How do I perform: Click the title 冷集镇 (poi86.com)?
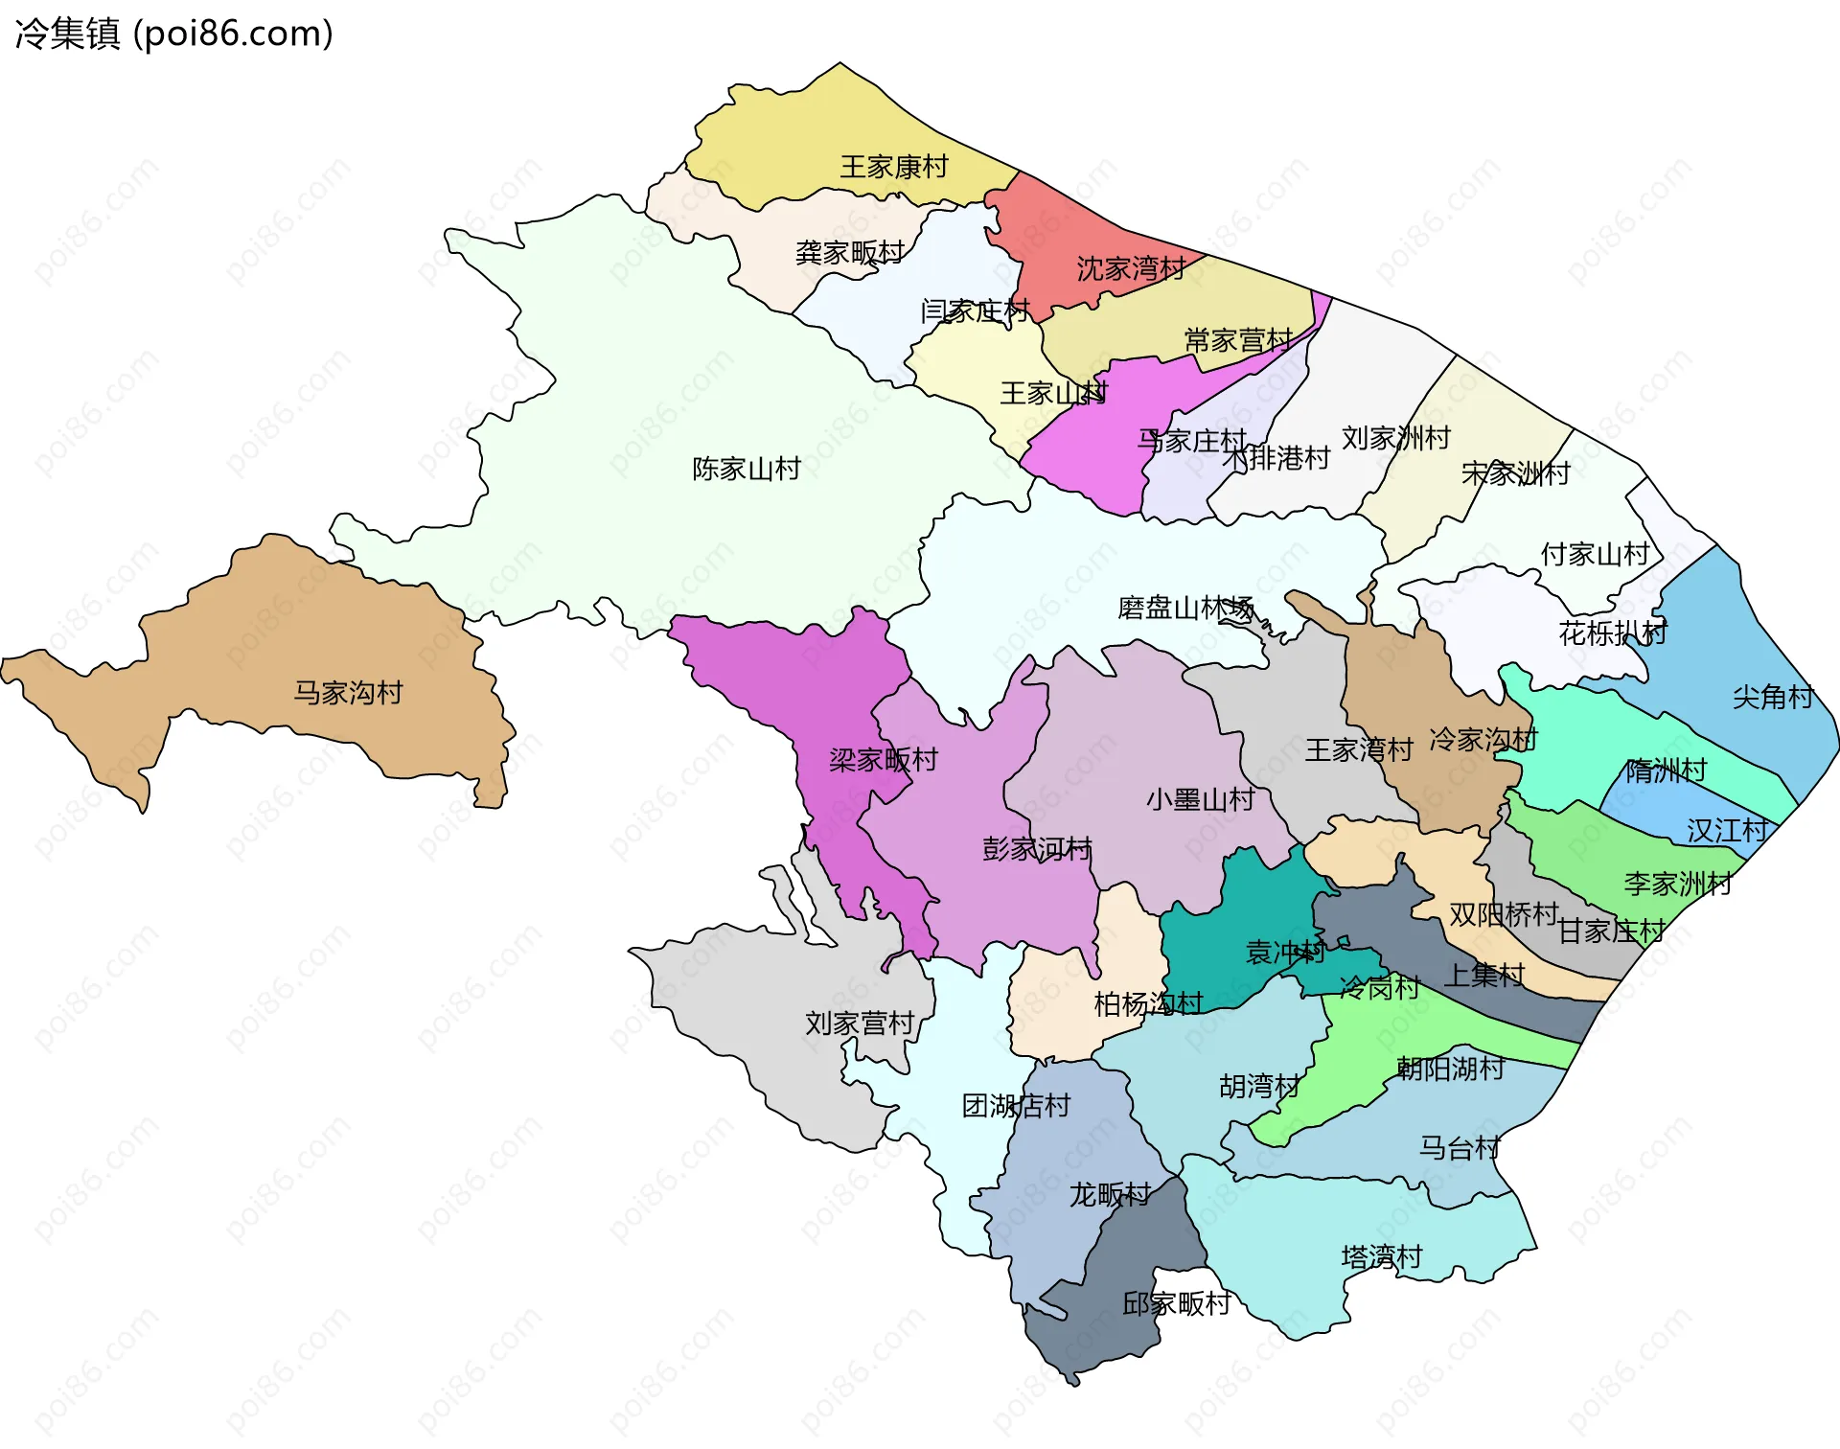click(173, 34)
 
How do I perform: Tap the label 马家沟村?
click(348, 692)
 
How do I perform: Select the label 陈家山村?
click(747, 469)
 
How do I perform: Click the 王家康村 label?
click(893, 167)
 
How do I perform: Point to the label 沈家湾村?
click(1131, 268)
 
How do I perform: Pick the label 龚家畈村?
click(849, 252)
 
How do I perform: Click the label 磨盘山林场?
click(1185, 608)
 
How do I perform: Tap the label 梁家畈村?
click(883, 760)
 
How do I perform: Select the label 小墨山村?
click(1200, 799)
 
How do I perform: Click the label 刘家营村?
click(859, 1023)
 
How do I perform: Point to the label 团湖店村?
click(1016, 1106)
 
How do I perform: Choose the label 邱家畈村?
click(1176, 1303)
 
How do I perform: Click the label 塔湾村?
click(1381, 1256)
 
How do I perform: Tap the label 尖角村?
click(1772, 697)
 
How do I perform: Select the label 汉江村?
click(1727, 830)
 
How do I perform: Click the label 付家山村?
click(1595, 554)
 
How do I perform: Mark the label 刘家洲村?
click(1395, 438)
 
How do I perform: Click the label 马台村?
click(1459, 1147)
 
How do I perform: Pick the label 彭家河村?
click(1037, 849)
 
